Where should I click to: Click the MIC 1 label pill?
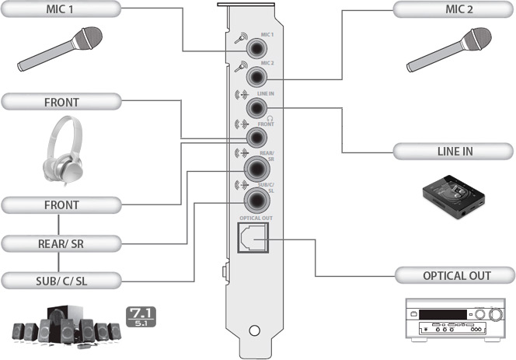pyautogui.click(x=61, y=9)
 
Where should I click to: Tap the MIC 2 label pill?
pyautogui.click(x=454, y=9)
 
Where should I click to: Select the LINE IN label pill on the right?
pyautogui.click(x=454, y=152)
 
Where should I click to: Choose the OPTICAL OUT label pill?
pyautogui.click(x=455, y=276)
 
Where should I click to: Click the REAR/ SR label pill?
pyautogui.click(x=61, y=243)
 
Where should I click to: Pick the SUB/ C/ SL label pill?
pyautogui.click(x=61, y=281)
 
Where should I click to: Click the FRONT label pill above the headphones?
pyautogui.click(x=61, y=102)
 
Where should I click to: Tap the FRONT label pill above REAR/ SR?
pyautogui.click(x=61, y=204)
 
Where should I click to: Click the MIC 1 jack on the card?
pyautogui.click(x=256, y=49)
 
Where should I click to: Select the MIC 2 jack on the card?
pyautogui.click(x=256, y=77)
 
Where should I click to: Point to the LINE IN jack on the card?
pyautogui.click(x=256, y=108)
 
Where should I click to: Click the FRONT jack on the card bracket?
pyautogui.click(x=256, y=138)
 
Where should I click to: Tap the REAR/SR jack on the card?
pyautogui.click(x=257, y=169)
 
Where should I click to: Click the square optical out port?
pyautogui.click(x=253, y=237)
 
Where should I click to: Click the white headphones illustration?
pyautogui.click(x=63, y=151)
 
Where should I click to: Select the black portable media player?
pyautogui.click(x=454, y=197)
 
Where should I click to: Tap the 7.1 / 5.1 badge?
pyautogui.click(x=141, y=317)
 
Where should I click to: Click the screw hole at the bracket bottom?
pyautogui.click(x=254, y=330)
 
